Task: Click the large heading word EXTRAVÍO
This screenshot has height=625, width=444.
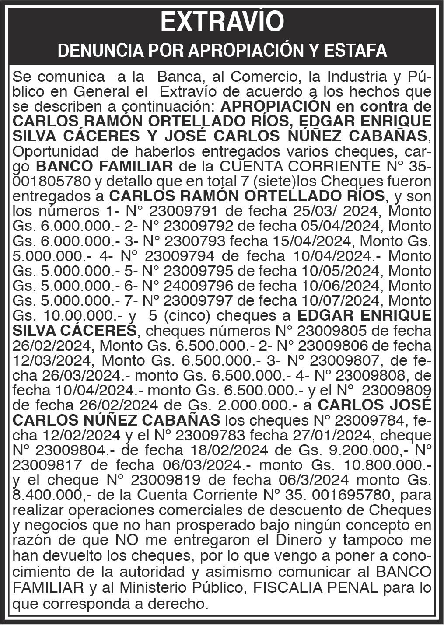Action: pos(222,22)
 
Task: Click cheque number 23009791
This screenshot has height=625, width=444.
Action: pos(183,211)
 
